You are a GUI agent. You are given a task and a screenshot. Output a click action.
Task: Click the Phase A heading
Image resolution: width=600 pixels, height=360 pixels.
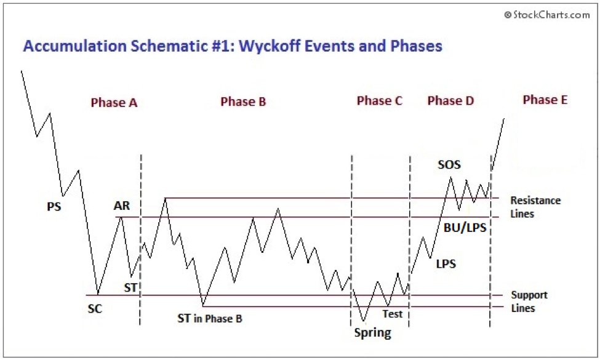[x=114, y=103]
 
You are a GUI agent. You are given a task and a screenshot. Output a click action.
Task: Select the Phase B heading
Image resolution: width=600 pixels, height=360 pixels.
[x=243, y=102]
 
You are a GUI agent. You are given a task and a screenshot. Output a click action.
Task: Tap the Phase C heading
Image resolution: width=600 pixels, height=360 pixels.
[x=379, y=101]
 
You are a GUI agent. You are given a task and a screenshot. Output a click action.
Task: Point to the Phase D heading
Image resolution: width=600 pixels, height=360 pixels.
[x=450, y=101]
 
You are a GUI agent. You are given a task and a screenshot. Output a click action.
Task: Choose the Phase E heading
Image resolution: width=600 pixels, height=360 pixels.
[x=545, y=99]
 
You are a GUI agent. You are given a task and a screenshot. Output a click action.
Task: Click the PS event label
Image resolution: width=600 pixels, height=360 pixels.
[x=54, y=207]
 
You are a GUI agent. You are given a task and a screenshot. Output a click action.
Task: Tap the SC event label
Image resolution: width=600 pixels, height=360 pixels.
[x=95, y=309]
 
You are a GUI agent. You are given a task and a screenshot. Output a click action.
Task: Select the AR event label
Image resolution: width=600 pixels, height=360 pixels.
[x=122, y=206]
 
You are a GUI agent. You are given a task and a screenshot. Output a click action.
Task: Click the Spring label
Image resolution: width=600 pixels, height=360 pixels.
[x=372, y=333]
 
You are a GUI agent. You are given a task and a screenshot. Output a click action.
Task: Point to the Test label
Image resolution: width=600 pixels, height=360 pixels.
[x=392, y=314]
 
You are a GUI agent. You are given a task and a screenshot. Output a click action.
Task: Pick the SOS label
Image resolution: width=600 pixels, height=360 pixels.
[x=449, y=164]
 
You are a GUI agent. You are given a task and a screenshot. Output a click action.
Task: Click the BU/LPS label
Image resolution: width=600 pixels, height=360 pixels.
[x=465, y=228]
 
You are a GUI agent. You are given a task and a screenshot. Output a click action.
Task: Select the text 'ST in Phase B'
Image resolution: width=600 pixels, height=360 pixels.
[x=209, y=318]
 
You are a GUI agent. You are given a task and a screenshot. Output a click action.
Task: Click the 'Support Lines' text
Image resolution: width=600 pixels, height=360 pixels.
[x=529, y=302]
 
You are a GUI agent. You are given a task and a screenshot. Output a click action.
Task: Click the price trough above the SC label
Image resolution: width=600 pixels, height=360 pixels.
[x=97, y=295]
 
